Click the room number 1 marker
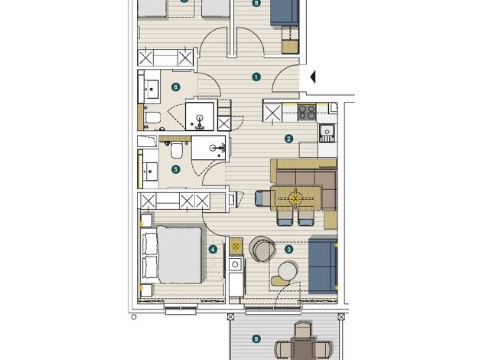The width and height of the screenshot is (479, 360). (x=256, y=77)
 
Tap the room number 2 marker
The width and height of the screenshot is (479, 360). (x=288, y=139)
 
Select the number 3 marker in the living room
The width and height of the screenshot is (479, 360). (x=288, y=249)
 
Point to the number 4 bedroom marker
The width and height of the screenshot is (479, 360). (x=213, y=249)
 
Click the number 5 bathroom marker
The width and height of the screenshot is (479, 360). (x=175, y=169)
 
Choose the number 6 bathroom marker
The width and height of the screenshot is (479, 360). (x=175, y=87)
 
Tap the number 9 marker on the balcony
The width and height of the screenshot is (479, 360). (x=256, y=339)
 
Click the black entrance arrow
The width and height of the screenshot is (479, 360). (x=312, y=77)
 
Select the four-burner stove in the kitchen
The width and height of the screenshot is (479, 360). (x=307, y=112)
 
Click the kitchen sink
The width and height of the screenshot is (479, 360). (x=327, y=133)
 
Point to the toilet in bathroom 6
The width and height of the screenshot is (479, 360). (x=152, y=117)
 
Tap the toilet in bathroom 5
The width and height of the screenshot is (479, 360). (x=177, y=151)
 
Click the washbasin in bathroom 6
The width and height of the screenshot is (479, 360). (x=152, y=89)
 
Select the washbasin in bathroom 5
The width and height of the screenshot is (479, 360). (x=150, y=172)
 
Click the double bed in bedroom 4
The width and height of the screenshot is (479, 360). (x=172, y=255)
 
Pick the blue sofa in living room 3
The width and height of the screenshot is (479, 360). (x=323, y=266)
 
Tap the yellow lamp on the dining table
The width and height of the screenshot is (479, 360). (x=295, y=199)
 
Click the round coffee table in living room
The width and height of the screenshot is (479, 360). (x=288, y=270)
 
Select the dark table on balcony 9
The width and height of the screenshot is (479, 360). (x=303, y=348)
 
